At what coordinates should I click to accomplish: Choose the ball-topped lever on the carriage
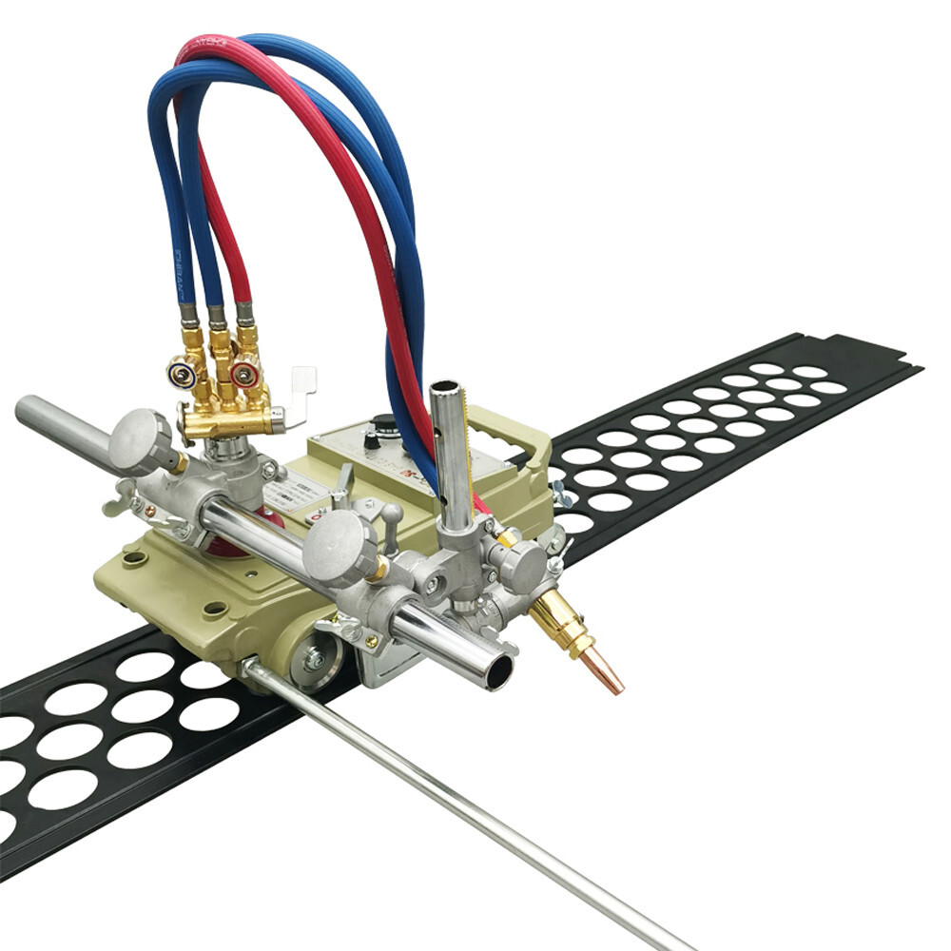click(388, 518)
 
